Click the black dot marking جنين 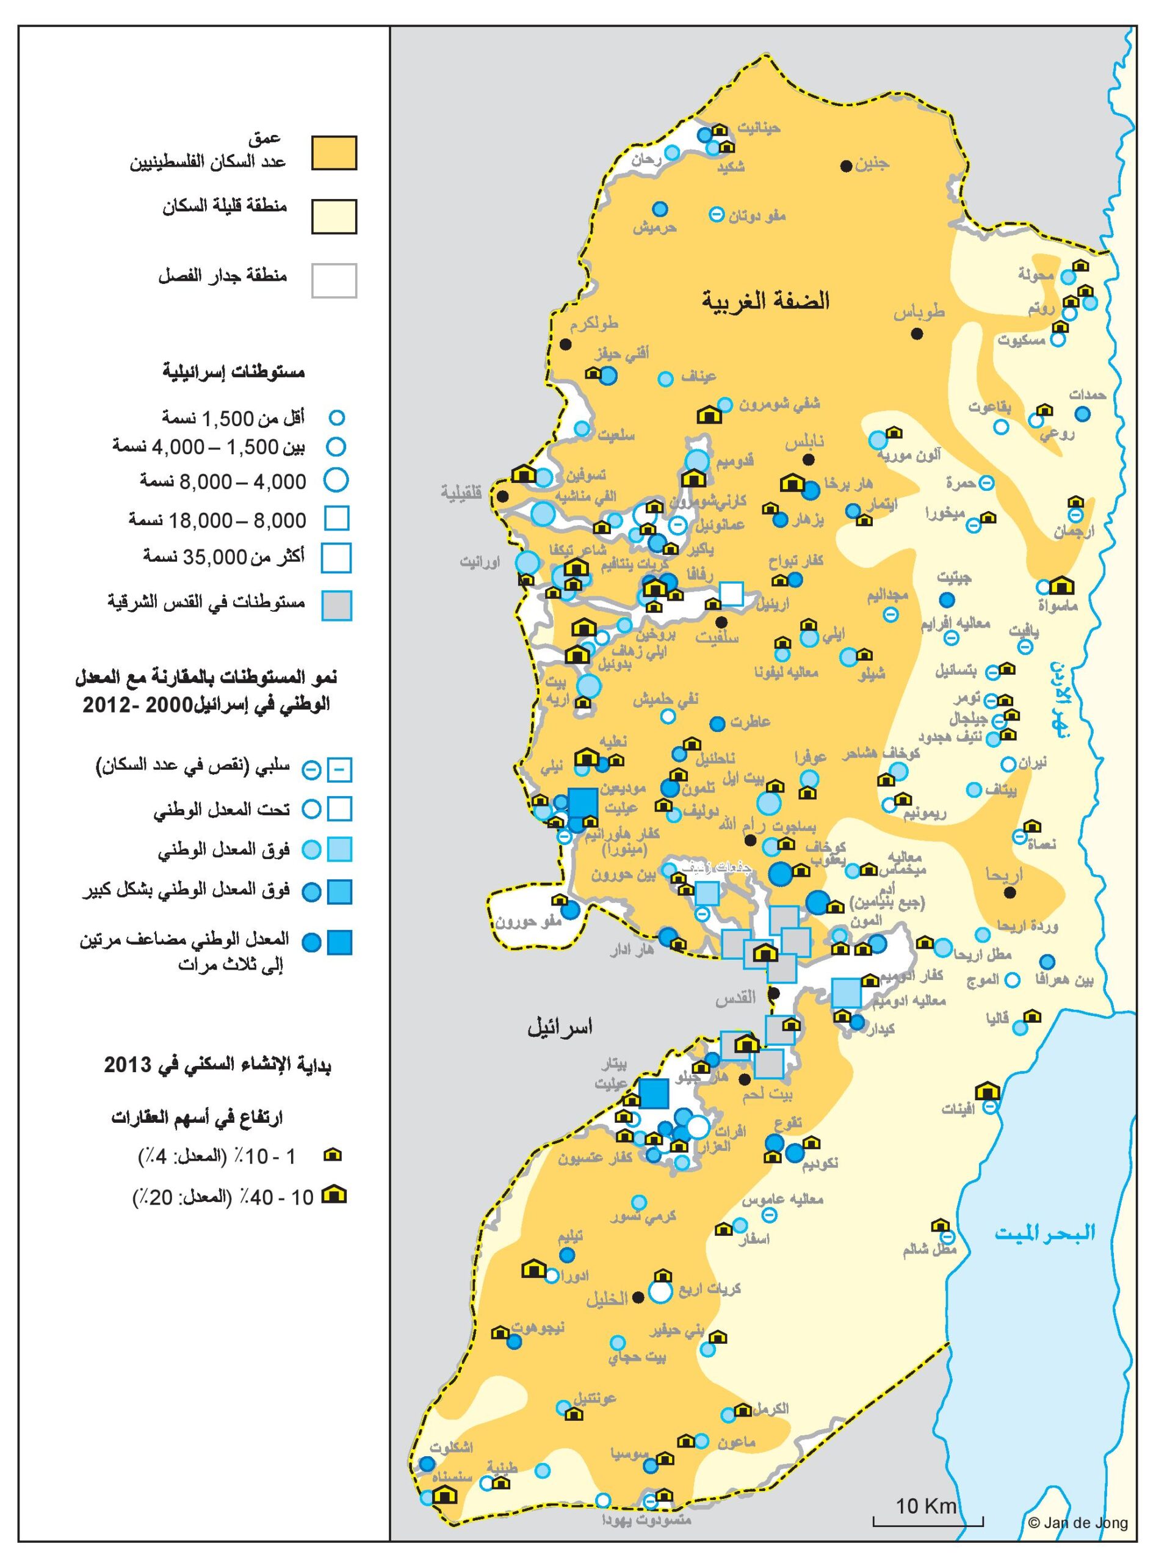(x=846, y=166)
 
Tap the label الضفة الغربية (x=765, y=301)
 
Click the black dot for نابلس (x=808, y=459)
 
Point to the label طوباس (x=919, y=312)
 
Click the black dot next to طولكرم (x=565, y=344)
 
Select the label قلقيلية (x=462, y=492)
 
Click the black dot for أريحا (x=1009, y=893)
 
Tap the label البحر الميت (x=1045, y=1232)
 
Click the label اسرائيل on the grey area (x=560, y=1028)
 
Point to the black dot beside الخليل (x=637, y=1297)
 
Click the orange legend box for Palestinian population (x=334, y=153)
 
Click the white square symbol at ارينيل (x=731, y=593)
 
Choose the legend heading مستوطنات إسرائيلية (x=234, y=372)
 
